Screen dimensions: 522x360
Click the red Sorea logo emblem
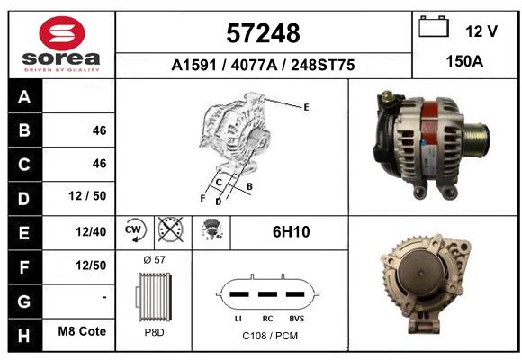click(x=62, y=33)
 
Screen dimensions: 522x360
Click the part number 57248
click(x=263, y=33)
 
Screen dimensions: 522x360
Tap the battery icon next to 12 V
click(x=434, y=26)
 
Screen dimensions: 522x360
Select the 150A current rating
click(x=464, y=61)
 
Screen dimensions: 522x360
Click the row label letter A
click(x=24, y=97)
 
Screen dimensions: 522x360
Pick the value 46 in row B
click(x=100, y=130)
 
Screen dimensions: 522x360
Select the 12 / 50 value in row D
click(x=87, y=196)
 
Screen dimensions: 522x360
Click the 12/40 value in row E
click(x=91, y=232)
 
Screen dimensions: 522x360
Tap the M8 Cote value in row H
click(x=82, y=331)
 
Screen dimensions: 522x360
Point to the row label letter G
click(x=24, y=301)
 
